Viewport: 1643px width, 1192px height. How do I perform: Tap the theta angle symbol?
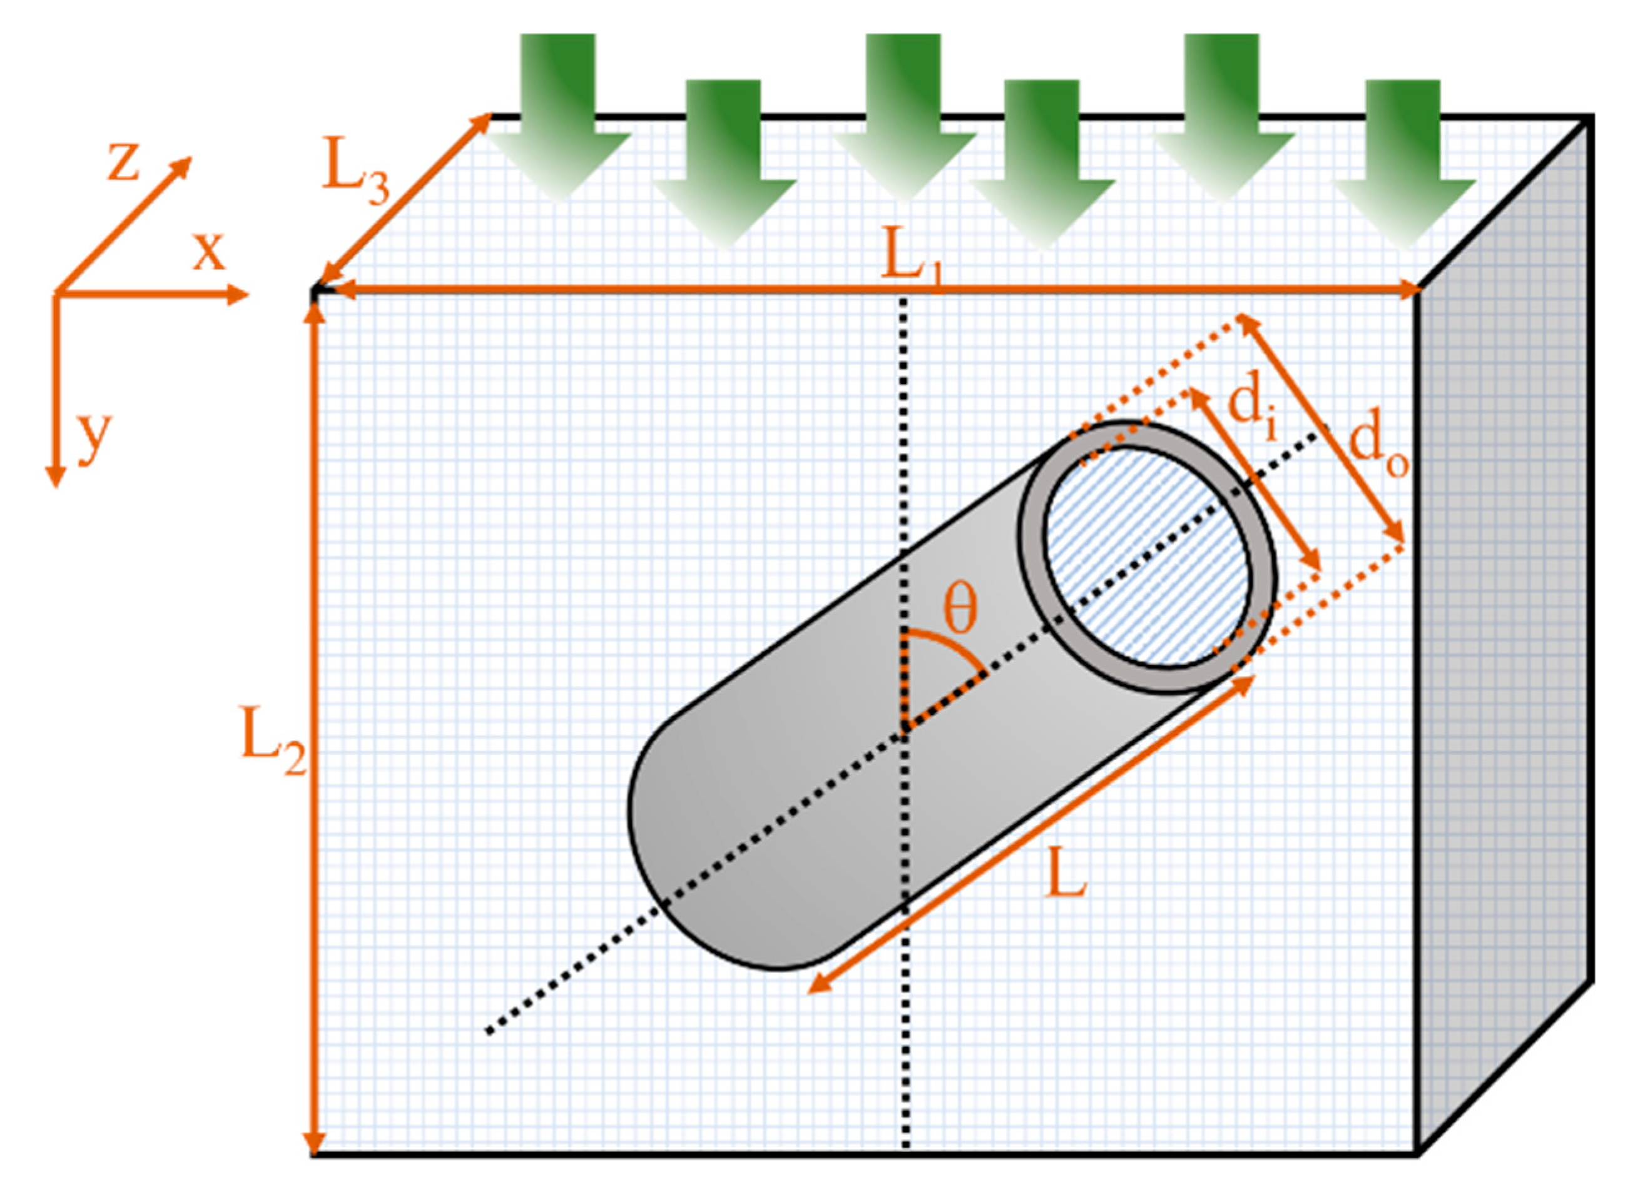[x=960, y=608]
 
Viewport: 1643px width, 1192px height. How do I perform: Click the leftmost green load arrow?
[x=558, y=116]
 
